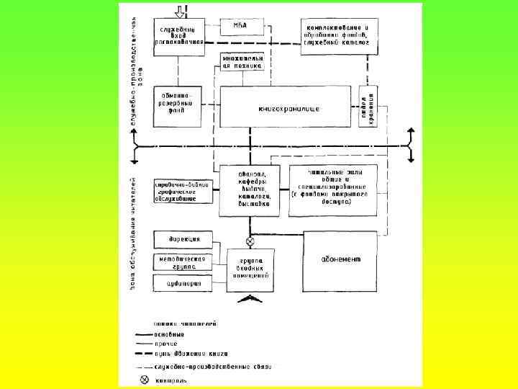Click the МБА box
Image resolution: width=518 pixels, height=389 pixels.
(x=241, y=27)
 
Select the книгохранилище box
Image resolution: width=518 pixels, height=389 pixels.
(x=288, y=108)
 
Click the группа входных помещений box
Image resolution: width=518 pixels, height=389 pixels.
(x=250, y=269)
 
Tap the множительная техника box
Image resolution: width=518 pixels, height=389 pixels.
(x=242, y=61)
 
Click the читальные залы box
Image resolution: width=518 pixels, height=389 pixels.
(x=332, y=190)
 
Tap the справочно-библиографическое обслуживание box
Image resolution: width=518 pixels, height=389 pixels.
(x=182, y=192)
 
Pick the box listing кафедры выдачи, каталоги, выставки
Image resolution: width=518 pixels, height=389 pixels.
(x=249, y=190)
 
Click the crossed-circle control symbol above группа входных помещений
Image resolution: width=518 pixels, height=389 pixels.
(x=250, y=241)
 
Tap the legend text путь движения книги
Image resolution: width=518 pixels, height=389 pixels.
(x=191, y=354)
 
